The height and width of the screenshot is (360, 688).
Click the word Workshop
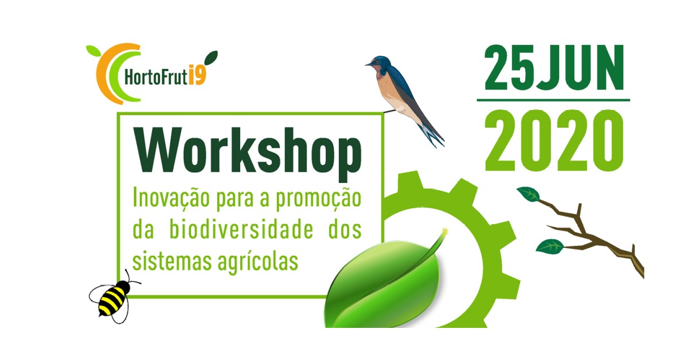248,154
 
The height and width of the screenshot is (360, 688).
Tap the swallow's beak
369,64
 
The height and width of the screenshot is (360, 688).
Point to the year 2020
554,140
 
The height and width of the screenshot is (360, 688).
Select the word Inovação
171,199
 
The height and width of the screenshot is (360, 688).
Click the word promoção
318,199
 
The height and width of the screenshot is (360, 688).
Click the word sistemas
171,260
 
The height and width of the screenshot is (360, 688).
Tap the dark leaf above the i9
211,58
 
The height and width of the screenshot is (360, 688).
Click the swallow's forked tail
432,135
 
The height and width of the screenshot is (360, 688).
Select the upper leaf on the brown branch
528,194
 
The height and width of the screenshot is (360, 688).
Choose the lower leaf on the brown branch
550,246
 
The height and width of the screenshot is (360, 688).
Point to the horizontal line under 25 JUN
553,100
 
